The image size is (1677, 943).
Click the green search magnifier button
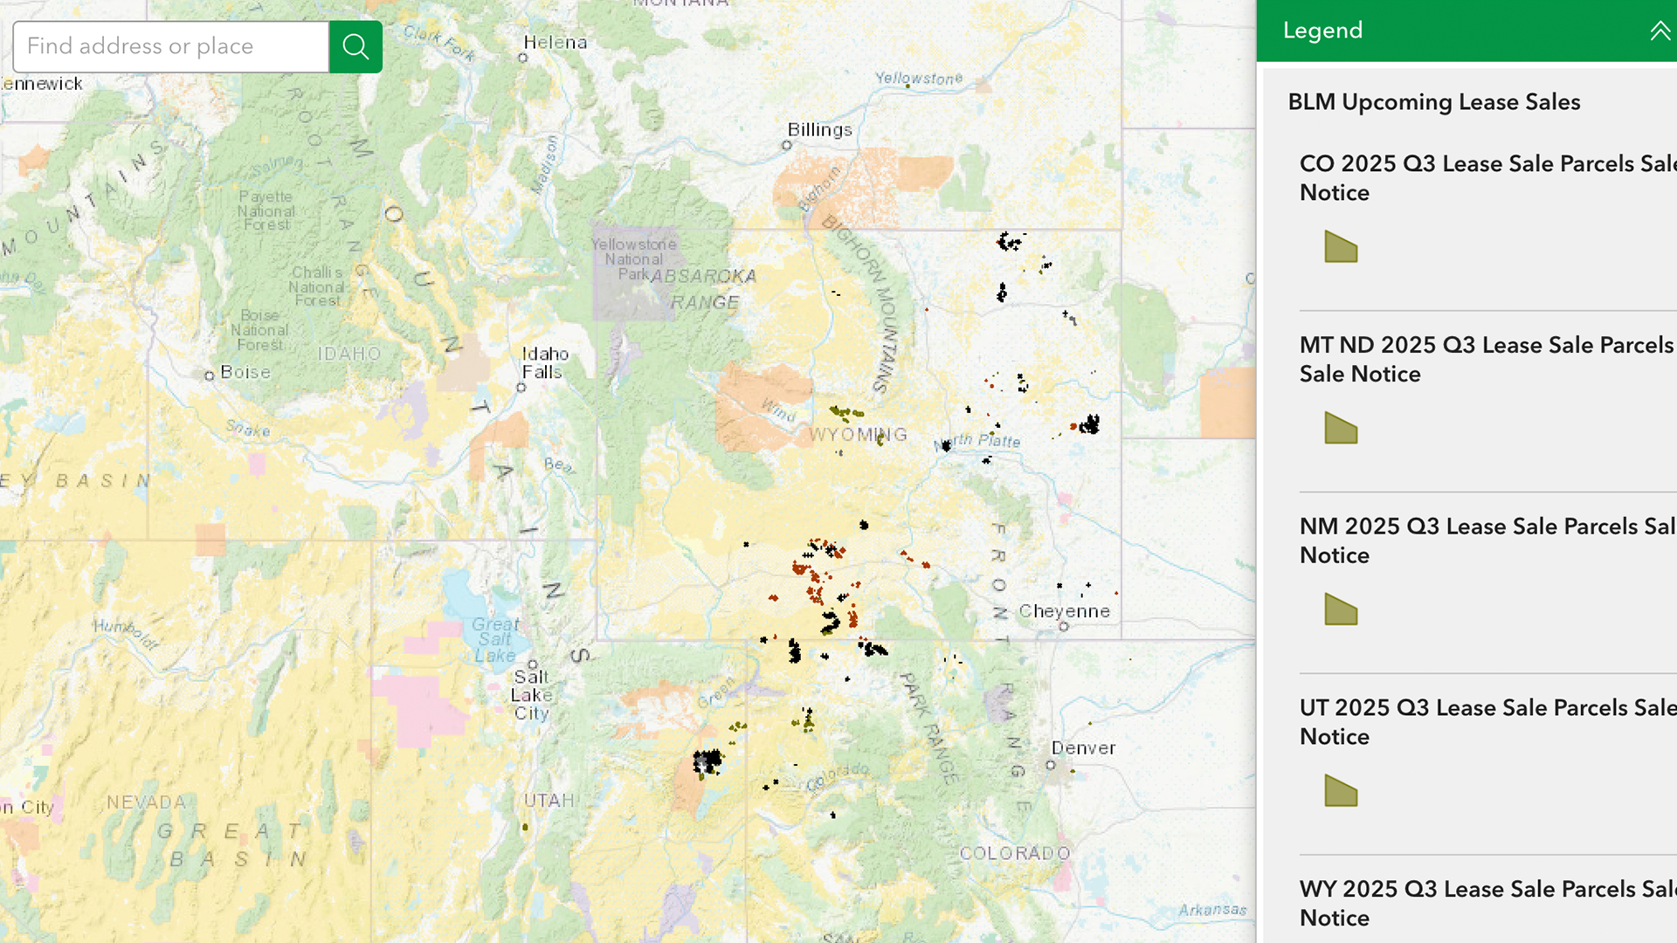[x=355, y=46]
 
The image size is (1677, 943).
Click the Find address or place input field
[x=171, y=46]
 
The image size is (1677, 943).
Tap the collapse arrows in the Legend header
[x=1660, y=31]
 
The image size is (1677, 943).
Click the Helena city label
[x=555, y=42]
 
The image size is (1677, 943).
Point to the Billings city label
[x=819, y=129]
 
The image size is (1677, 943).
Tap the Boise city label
[x=245, y=372]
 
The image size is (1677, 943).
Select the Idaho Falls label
[x=545, y=362]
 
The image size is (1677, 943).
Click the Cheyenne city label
[x=1064, y=611]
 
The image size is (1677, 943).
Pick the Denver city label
[x=1083, y=748]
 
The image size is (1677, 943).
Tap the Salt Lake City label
[x=531, y=695]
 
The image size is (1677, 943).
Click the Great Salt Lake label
[x=495, y=640]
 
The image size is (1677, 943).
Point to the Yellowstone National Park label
[x=633, y=259]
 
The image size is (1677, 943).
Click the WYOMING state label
[x=858, y=435]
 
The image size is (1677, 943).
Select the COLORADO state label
[x=1015, y=853]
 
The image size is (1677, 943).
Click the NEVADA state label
[x=146, y=802]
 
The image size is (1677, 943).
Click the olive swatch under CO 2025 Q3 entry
[x=1341, y=247]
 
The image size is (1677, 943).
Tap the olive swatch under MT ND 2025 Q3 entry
[x=1341, y=428]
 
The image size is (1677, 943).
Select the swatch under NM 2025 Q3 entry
[x=1341, y=609]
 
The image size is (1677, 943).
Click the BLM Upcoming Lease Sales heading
[x=1433, y=102]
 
